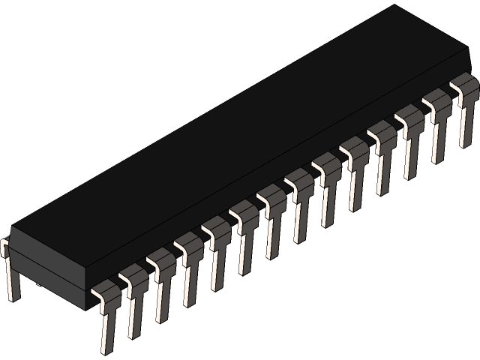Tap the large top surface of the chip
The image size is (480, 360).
[x=240, y=135]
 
